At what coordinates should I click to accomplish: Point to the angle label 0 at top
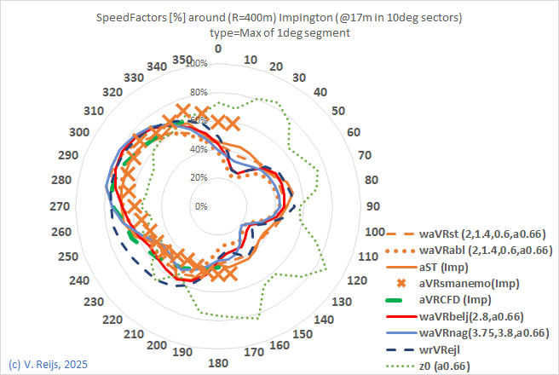[218, 49]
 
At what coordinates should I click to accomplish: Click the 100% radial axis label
[196, 65]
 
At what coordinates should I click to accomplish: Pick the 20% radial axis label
[198, 178]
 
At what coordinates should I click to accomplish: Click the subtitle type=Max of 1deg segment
[280, 32]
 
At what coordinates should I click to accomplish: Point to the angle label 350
[182, 59]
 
